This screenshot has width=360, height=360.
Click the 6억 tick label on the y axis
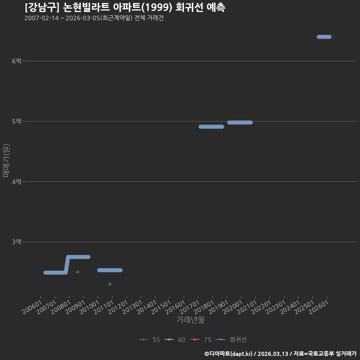tap(16, 61)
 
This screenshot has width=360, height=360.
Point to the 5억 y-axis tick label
tap(16, 121)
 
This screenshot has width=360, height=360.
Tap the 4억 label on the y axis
tap(16, 181)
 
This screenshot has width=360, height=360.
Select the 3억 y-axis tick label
tap(16, 242)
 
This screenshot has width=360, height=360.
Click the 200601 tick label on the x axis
tap(32, 307)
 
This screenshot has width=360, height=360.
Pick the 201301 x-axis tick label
tap(132, 307)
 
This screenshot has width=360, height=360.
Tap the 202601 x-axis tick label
tap(319, 307)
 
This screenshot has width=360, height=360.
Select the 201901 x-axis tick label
tap(218, 307)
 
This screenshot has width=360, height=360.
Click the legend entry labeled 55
tap(150, 340)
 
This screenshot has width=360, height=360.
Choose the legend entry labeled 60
tap(175, 340)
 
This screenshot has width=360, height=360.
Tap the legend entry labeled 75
tap(201, 340)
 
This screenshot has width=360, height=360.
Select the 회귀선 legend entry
tap(231, 340)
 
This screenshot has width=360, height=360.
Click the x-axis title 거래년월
tap(190, 319)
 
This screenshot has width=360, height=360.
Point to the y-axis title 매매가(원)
tap(6, 160)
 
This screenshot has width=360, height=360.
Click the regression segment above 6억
tap(324, 37)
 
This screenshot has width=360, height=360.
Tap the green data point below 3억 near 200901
tap(78, 272)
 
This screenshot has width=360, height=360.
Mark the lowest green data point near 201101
tap(110, 284)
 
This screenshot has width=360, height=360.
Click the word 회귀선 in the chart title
tap(189, 7)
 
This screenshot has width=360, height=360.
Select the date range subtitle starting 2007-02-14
tap(94, 18)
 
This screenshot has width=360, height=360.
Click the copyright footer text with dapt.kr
tap(280, 354)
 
